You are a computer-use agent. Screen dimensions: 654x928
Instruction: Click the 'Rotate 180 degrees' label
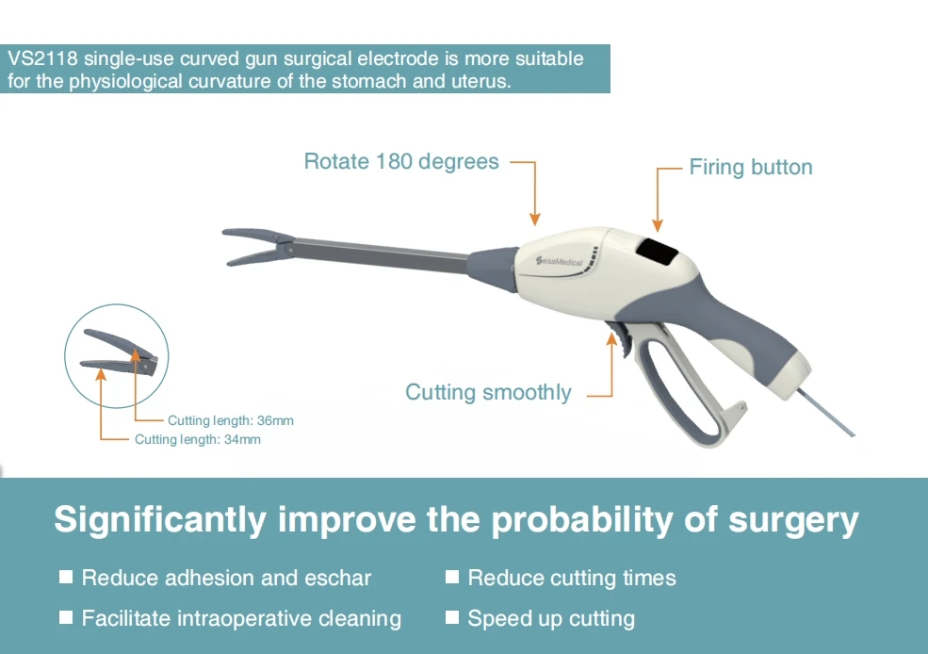(x=401, y=162)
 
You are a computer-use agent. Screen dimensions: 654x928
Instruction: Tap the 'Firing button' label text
(x=750, y=168)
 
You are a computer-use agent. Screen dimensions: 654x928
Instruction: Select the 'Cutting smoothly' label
(x=488, y=392)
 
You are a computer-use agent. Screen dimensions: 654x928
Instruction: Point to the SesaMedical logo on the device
(x=559, y=260)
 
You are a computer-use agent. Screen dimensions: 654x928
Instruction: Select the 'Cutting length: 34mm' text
(x=198, y=439)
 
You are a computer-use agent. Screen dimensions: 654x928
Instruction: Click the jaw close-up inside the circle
(x=118, y=354)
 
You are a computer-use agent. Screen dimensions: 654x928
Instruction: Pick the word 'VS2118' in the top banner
(x=42, y=58)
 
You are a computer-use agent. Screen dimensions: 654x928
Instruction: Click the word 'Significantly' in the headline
(x=156, y=519)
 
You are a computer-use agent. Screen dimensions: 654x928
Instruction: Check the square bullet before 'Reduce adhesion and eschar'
(x=66, y=577)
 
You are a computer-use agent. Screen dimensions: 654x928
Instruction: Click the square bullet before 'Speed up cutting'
(x=452, y=617)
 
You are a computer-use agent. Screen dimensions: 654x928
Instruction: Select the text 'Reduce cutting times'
(x=572, y=578)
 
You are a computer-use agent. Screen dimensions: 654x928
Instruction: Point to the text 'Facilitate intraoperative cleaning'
(x=241, y=618)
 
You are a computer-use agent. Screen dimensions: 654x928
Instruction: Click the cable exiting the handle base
(x=830, y=411)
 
